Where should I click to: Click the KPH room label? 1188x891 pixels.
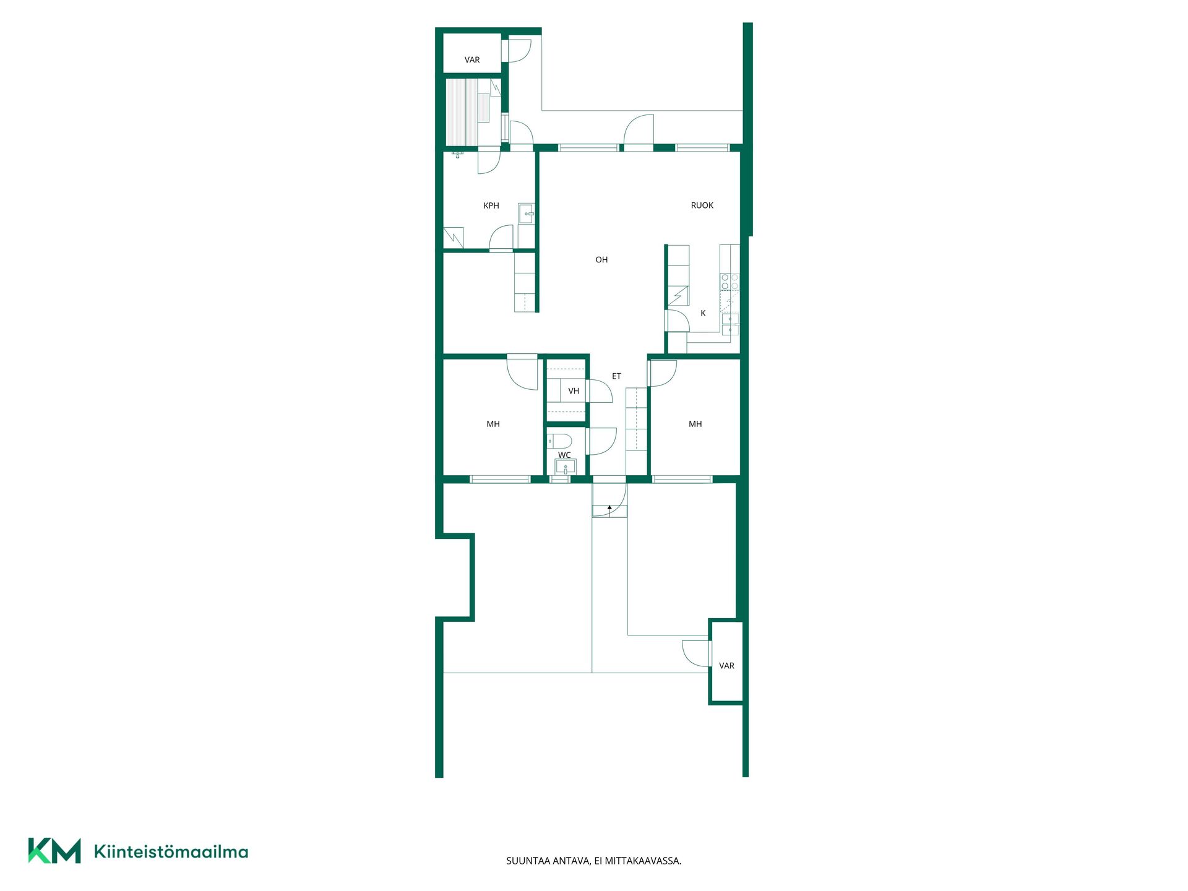[491, 205]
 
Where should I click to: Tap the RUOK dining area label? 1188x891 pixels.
[702, 205]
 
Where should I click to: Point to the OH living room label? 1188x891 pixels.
[601, 260]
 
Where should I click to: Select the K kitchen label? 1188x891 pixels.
[703, 313]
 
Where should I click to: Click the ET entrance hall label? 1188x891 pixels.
[616, 376]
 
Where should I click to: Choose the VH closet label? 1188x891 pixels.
[574, 391]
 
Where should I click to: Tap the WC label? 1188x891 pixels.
[564, 455]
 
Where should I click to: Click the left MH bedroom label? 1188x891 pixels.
[493, 424]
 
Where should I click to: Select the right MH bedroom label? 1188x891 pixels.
[695, 424]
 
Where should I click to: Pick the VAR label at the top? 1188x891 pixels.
[472, 60]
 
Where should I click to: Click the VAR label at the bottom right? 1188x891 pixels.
[726, 666]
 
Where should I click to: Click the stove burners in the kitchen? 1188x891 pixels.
[730, 282]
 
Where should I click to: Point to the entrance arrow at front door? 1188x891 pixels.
[609, 510]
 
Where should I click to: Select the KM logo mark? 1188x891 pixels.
[54, 851]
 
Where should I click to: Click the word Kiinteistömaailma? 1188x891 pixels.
[171, 852]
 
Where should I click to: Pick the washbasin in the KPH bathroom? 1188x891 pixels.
[527, 213]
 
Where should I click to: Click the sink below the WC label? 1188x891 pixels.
[566, 467]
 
